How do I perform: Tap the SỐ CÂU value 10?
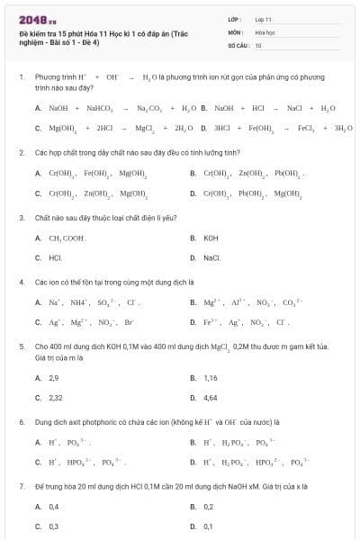[258, 44]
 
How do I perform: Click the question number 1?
[21, 78]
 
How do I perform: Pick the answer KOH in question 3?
[211, 238]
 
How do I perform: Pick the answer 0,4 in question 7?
[53, 506]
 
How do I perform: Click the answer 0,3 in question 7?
[53, 526]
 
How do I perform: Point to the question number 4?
[21, 281]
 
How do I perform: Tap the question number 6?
[21, 421]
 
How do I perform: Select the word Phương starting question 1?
[47, 78]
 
